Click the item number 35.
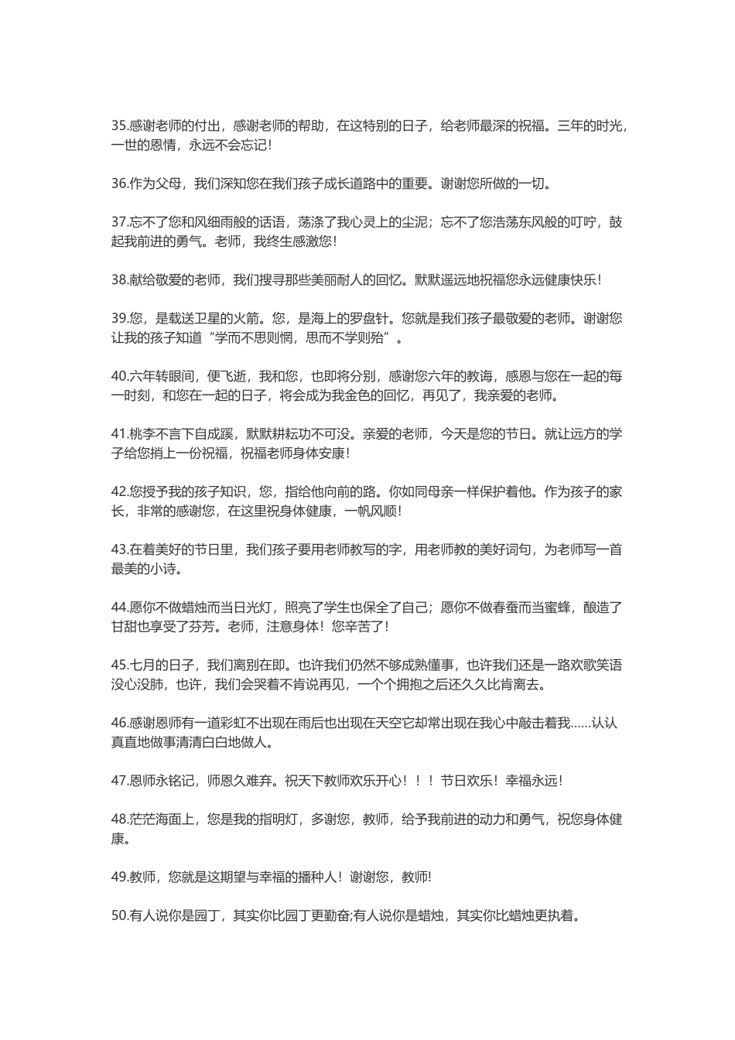tap(119, 125)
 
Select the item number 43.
tap(119, 549)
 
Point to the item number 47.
tap(119, 781)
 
